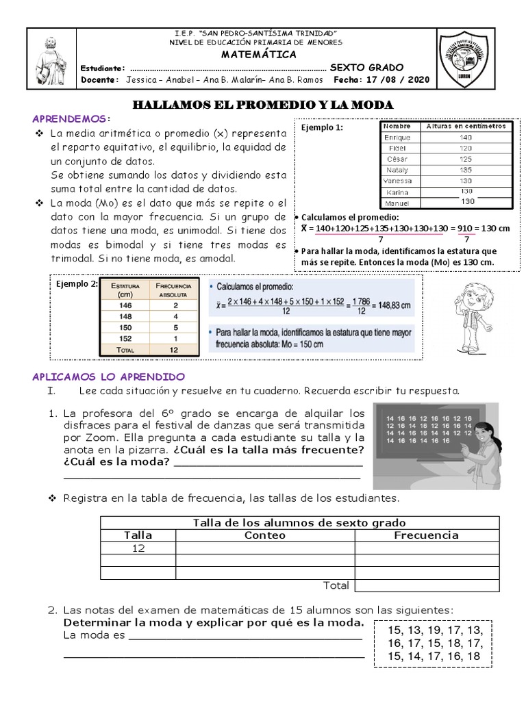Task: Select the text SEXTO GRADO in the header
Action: (x=366, y=68)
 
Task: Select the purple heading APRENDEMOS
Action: (x=71, y=118)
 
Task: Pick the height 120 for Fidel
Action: (x=466, y=148)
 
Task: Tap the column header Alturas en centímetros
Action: (x=466, y=127)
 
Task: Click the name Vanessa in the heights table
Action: (x=397, y=181)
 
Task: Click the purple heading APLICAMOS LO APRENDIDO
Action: (x=109, y=377)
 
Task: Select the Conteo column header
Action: (x=264, y=535)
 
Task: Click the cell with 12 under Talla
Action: (x=138, y=548)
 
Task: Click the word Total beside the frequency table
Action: (x=336, y=585)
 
